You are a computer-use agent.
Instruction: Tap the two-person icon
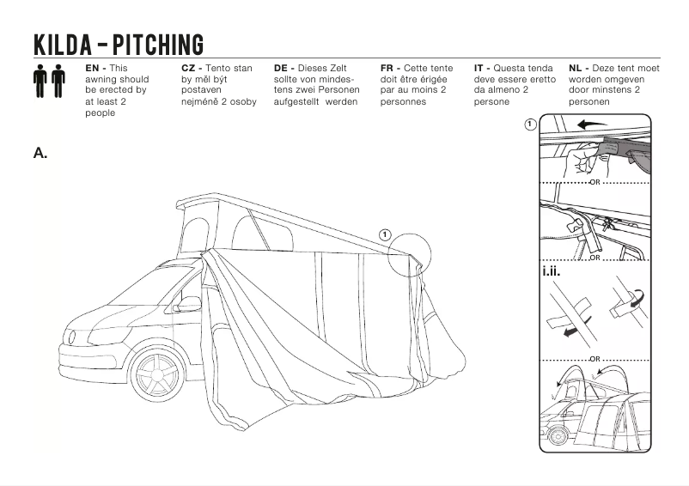tap(49, 82)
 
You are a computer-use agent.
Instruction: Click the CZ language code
tap(190, 68)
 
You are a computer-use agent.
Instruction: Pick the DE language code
tap(283, 68)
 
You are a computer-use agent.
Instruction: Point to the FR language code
tap(388, 68)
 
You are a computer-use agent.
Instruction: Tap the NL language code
tap(576, 68)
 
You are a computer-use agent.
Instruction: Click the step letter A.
tap(40, 153)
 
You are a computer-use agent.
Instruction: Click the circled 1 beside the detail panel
tap(531, 125)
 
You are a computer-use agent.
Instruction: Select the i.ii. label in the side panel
tap(552, 273)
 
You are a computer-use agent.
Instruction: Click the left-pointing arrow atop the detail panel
tap(592, 124)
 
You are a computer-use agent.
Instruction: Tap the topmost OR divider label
tap(594, 182)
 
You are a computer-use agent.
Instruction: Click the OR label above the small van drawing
tap(594, 357)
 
